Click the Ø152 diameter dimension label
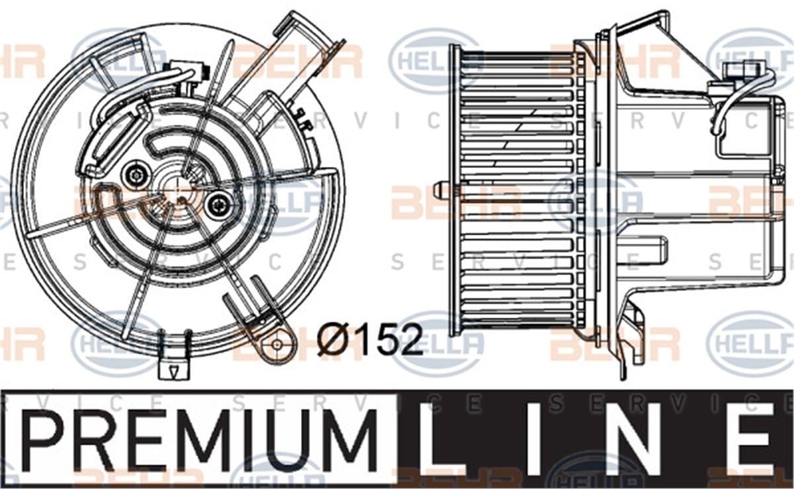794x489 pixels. tap(370, 339)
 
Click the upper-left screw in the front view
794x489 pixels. tap(136, 174)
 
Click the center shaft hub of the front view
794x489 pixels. tap(176, 190)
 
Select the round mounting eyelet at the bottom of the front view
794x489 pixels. tap(277, 344)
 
